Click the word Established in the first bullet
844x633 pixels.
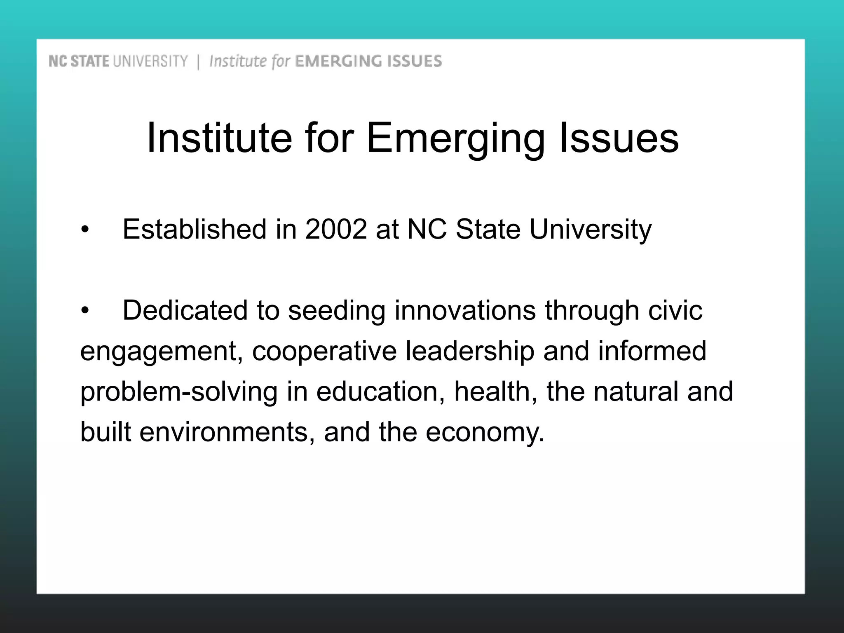(194, 229)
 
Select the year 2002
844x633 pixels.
(336, 229)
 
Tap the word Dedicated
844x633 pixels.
(185, 310)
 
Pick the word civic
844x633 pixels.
(675, 310)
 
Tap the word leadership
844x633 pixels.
(470, 351)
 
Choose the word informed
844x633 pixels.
(652, 351)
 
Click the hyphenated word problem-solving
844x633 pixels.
(179, 392)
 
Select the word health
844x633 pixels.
(495, 392)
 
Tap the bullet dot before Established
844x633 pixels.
(84, 230)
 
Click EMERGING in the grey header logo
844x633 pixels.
(335, 61)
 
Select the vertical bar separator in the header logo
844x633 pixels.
(199, 62)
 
